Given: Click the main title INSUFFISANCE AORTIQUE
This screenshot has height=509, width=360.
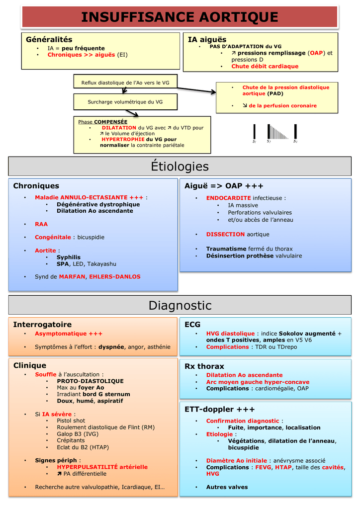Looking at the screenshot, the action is [180, 17].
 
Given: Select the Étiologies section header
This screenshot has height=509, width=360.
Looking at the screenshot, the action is [180, 166].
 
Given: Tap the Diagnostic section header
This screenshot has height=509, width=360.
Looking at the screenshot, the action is [180, 305].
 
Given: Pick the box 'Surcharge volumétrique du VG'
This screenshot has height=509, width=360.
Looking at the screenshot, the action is [125, 102].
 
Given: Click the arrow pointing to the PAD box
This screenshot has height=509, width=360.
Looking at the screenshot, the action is [196, 90].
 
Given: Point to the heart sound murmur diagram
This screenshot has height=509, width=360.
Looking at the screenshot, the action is [274, 133].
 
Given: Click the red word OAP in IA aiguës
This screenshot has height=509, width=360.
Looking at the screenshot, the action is [317, 53].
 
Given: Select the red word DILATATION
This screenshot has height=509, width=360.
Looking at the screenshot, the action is [119, 128].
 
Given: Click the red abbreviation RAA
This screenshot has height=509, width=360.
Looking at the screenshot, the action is [41, 224].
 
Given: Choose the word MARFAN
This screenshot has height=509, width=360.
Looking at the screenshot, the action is [72, 276].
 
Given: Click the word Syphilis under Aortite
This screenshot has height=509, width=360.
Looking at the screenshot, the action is [69, 257].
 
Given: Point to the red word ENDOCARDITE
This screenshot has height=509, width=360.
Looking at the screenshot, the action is [229, 198].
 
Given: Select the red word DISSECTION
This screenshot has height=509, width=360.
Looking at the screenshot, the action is [226, 234].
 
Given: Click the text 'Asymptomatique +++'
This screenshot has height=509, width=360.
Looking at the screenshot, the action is [69, 334].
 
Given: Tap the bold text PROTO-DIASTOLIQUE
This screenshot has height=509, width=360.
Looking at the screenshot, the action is [90, 381].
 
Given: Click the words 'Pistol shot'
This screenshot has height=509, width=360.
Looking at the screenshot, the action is [71, 421].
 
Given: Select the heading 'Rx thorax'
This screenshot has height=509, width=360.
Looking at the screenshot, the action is [204, 366].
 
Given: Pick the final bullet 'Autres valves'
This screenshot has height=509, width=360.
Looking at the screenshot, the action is [227, 487].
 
